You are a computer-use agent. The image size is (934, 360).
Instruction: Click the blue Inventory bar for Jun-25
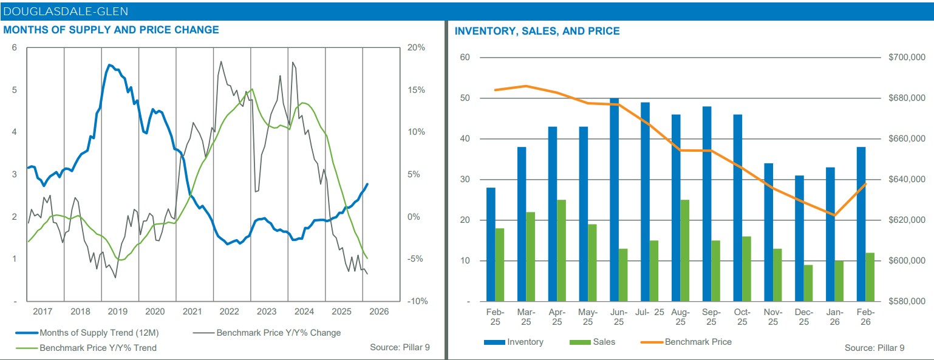coord(614,200)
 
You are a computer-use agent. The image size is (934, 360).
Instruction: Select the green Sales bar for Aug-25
coord(684,251)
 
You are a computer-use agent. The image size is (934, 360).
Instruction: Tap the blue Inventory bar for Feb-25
coord(491,245)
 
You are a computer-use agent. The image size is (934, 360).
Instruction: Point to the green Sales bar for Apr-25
coord(561,251)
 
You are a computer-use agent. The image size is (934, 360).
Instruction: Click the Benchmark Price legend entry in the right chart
coord(698,342)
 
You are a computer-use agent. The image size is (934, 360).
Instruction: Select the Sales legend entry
coord(604,342)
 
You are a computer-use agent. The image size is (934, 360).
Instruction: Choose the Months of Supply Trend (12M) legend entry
coord(99,333)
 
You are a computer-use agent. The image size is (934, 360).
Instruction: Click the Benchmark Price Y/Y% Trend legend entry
coord(98,348)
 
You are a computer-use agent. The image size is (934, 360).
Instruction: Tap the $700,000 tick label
coord(906,58)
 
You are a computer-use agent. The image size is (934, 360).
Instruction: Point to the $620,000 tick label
coord(906,220)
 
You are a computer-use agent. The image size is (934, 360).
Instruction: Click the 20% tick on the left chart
coord(416,48)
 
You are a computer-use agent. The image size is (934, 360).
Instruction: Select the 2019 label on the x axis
coord(117,311)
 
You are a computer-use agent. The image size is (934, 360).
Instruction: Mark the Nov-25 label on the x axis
coord(772,316)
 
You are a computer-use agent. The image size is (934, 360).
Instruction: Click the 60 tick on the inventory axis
coord(465,58)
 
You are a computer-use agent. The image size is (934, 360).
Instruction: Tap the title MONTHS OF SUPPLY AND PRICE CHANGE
coord(111,30)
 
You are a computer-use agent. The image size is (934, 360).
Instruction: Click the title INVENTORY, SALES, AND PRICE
coord(537,31)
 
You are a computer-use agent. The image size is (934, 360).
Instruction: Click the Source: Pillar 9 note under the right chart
coord(874,348)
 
